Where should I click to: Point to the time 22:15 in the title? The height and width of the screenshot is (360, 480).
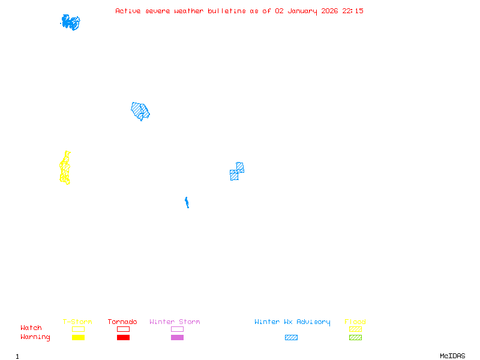point(353,11)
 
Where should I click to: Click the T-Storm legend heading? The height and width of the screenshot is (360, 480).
point(77,322)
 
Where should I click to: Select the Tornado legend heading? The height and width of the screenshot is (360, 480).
point(122,322)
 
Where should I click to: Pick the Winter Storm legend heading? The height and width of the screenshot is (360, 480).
point(175,322)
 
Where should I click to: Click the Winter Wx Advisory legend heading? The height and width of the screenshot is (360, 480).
point(292,322)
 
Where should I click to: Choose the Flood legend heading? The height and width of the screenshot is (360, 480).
point(355,322)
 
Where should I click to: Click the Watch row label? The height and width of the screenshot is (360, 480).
point(31,328)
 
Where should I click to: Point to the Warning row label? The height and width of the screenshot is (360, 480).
point(35,337)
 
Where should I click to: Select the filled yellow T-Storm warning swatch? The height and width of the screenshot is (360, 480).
point(78,338)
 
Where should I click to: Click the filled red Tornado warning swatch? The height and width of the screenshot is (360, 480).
point(123,338)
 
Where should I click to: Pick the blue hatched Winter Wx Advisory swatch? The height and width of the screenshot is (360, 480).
point(291,338)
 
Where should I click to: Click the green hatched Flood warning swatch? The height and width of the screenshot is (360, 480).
point(355,338)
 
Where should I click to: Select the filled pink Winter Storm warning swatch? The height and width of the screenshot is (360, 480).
point(177,338)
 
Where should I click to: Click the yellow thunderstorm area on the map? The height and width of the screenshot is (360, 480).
point(65,169)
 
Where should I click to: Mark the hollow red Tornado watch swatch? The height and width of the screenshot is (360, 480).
point(123,329)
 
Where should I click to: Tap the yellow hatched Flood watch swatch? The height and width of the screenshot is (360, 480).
point(355,329)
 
